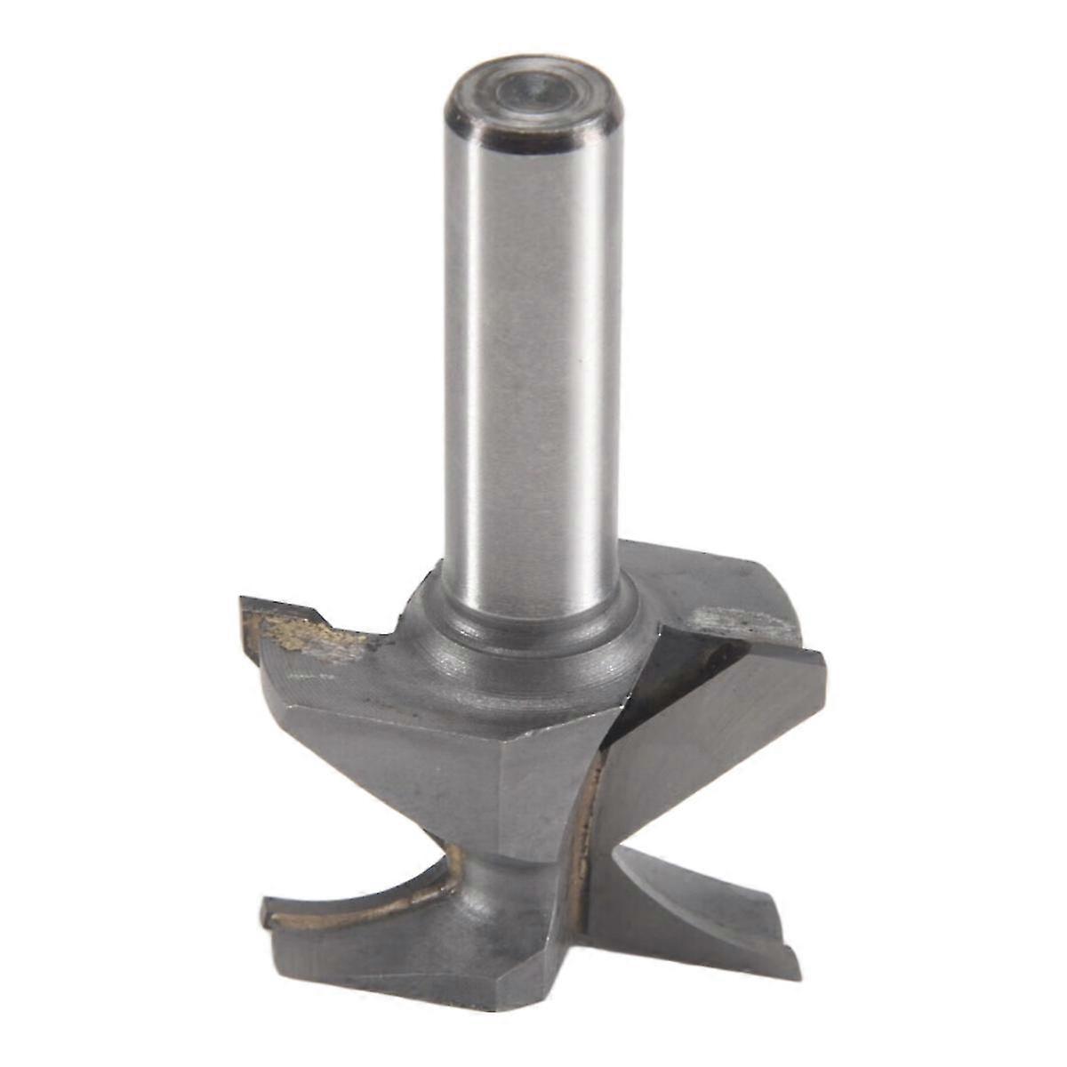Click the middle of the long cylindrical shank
tap(532, 356)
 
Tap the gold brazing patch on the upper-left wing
tap(302, 633)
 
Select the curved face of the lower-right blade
tap(694, 898)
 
